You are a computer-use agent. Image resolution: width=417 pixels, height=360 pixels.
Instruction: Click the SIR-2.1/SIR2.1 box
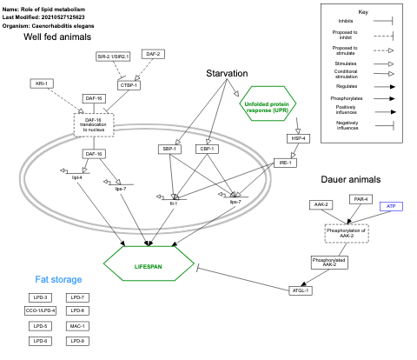[x=113, y=57]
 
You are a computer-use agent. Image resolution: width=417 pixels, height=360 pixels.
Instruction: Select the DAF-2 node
[x=153, y=54]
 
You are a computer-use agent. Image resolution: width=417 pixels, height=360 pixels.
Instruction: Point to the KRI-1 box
[x=40, y=83]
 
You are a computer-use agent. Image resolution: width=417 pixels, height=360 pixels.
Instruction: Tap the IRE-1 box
[x=283, y=163]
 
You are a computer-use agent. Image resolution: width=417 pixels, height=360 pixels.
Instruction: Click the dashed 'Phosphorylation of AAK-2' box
[x=346, y=233]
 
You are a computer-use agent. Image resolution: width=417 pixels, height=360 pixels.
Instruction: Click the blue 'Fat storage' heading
[x=60, y=280]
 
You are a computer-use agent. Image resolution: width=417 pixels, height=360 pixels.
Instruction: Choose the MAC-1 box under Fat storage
[x=76, y=325]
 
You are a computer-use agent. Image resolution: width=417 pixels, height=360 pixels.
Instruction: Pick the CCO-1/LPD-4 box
[x=40, y=310]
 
